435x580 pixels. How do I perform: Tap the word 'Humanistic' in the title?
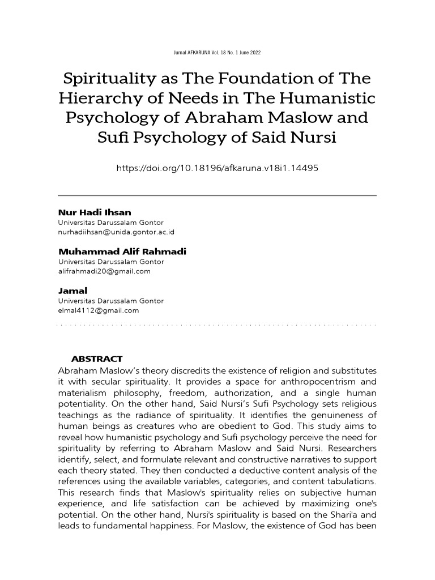point(325,99)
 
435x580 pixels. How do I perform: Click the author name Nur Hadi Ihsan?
point(95,212)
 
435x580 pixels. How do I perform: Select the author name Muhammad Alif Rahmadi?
point(122,251)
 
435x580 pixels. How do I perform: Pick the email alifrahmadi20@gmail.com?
point(104,271)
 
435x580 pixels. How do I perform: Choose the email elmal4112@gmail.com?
point(99,310)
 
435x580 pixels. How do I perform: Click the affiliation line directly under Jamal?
point(111,301)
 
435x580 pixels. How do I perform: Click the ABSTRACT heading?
point(97,359)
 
